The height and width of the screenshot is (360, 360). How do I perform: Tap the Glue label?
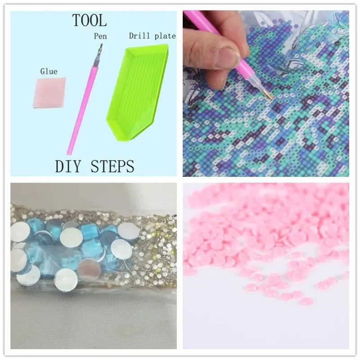pyautogui.click(x=49, y=71)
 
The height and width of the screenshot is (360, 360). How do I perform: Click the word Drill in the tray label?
pyautogui.click(x=138, y=36)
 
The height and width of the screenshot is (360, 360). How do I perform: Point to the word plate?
pyautogui.click(x=164, y=36)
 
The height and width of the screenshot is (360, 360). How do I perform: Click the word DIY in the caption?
pyautogui.click(x=69, y=166)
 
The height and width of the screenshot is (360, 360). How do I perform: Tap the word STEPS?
pyautogui.click(x=112, y=166)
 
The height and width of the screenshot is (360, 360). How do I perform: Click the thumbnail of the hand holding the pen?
pyautogui.click(x=266, y=93)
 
